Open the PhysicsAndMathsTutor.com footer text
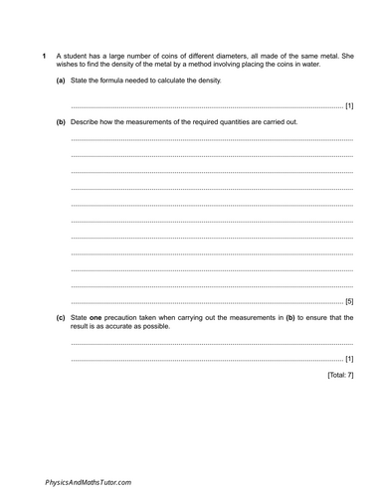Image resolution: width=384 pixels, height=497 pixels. click(88, 481)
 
